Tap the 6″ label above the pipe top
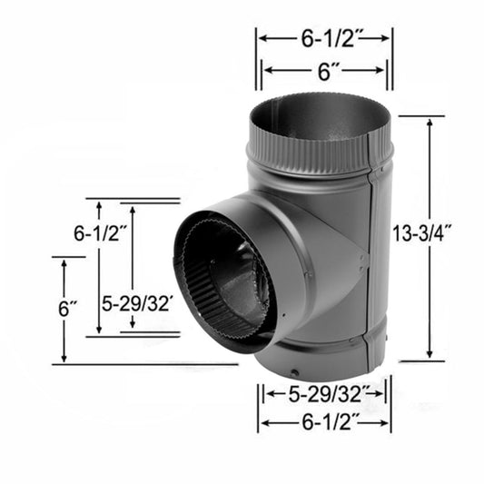click(x=323, y=71)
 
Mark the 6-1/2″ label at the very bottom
click(x=324, y=422)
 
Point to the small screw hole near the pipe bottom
click(x=293, y=372)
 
